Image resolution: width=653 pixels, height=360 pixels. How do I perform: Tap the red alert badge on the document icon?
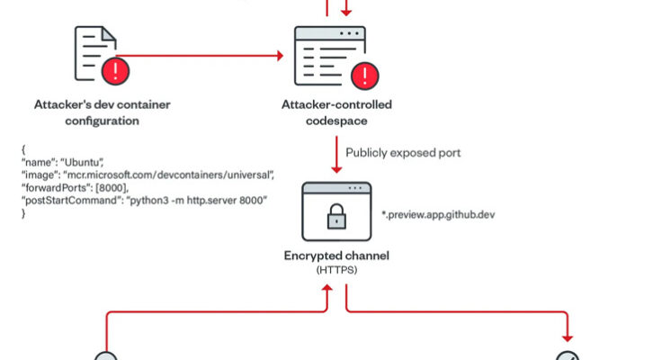pos(115,69)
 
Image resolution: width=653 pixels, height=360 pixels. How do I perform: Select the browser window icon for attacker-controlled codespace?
pos(330,53)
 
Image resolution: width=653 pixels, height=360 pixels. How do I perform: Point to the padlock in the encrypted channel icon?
pos(334,217)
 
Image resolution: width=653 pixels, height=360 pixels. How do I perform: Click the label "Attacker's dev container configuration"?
pos(102,112)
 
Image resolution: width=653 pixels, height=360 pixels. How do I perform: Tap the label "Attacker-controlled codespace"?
pos(335,112)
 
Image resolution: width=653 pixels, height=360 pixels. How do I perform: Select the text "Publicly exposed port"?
pos(403,153)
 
